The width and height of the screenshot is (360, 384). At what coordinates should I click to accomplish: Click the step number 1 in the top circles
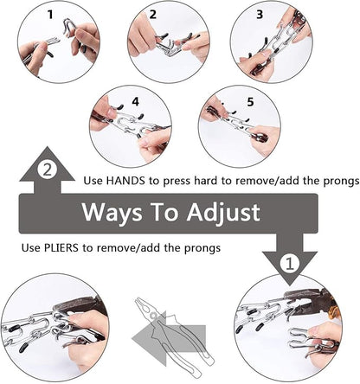point(50,15)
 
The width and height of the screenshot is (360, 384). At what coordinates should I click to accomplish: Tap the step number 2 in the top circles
point(153,15)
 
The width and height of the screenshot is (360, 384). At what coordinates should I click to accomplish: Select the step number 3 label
point(260,15)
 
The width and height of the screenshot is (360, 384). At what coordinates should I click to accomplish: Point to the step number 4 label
point(135,102)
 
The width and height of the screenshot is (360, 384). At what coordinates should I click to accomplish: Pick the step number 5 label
point(250,102)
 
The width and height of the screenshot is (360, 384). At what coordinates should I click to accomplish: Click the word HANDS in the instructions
point(125,181)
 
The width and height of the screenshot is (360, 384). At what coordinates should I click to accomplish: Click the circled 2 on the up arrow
point(47,170)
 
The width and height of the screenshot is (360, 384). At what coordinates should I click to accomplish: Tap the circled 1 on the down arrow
point(290,263)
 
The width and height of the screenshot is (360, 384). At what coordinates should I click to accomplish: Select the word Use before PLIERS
point(31,247)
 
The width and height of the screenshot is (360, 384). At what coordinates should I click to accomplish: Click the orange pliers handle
point(334,310)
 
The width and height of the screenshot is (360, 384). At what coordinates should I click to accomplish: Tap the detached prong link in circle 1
point(69,28)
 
